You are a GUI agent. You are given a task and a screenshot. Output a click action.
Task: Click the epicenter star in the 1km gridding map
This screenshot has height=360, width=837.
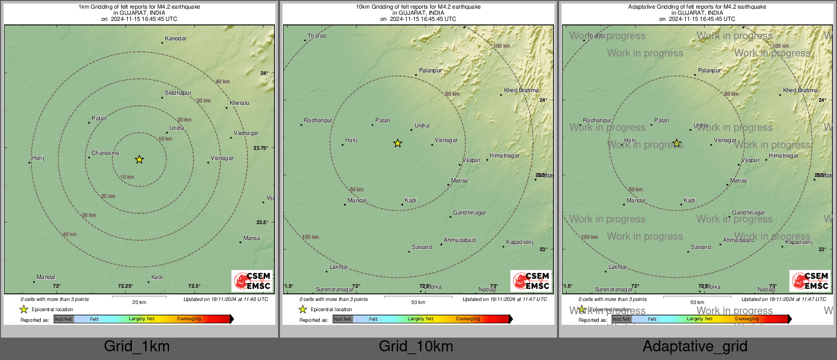click(139, 159)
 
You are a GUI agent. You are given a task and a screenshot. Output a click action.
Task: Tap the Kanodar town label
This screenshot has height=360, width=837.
click(176, 39)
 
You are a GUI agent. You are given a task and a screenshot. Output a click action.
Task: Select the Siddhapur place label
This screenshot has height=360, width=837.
click(178, 93)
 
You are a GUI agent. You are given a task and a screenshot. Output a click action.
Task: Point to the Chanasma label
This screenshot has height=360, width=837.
click(105, 153)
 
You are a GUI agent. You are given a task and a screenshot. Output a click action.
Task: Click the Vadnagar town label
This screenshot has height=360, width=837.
click(246, 133)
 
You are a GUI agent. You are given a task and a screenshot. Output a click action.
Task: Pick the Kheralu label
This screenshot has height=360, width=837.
click(239, 103)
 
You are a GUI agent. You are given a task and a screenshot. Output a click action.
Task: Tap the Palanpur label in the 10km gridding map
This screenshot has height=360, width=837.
click(430, 71)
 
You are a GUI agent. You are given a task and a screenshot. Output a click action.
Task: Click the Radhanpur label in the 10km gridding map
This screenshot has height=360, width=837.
click(318, 121)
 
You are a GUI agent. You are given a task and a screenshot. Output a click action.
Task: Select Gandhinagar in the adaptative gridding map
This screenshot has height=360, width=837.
click(748, 213)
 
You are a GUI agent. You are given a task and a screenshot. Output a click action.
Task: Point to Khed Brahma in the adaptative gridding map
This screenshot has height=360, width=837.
click(800, 91)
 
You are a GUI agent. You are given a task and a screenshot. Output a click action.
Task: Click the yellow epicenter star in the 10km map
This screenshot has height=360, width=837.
click(398, 144)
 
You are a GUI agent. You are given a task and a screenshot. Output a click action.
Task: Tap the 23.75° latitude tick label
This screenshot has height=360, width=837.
click(261, 148)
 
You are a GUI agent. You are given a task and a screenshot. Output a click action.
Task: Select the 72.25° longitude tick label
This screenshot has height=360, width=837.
click(125, 286)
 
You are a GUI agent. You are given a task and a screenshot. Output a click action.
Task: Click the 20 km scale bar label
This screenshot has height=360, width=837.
click(139, 302)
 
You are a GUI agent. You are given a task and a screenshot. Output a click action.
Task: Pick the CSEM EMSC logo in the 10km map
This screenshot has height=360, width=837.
click(531, 281)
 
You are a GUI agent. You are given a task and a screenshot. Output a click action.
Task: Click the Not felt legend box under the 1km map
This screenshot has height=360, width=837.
click(64, 319)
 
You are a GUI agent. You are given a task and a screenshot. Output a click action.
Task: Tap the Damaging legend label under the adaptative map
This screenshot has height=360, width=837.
click(747, 319)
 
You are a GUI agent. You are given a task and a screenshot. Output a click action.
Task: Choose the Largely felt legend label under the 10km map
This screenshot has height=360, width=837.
click(421, 319)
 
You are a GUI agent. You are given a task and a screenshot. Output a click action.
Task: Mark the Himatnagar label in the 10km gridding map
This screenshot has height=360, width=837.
click(505, 156)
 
